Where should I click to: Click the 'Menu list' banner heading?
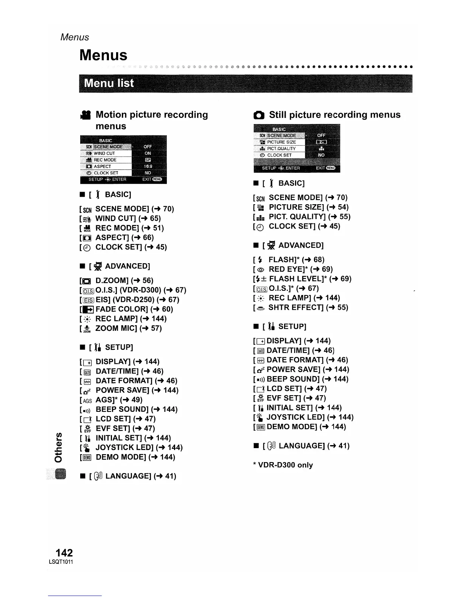pyautogui.click(x=109, y=83)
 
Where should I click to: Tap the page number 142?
pyautogui.click(x=64, y=552)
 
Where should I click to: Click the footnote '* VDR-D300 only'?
pyautogui.click(x=283, y=465)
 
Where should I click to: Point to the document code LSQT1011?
pyautogui.click(x=61, y=562)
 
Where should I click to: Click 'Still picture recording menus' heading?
pyautogui.click(x=334, y=115)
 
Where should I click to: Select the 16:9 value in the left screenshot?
pyautogui.click(x=148, y=166)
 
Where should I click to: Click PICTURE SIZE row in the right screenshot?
pyautogui.click(x=281, y=142)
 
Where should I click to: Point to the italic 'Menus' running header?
pyautogui.click(x=75, y=37)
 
